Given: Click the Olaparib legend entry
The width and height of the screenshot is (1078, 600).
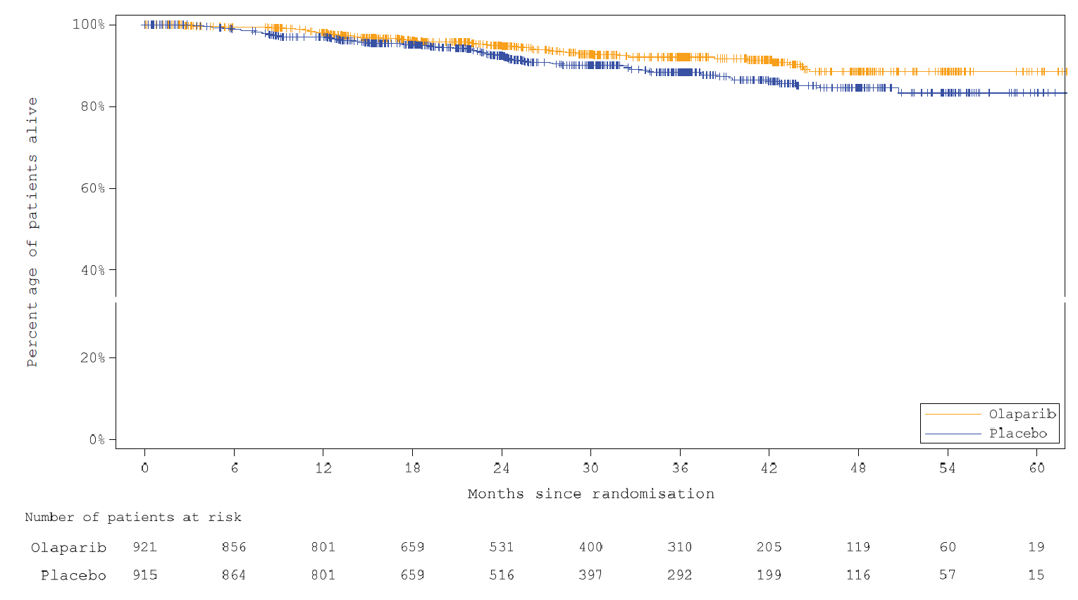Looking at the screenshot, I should tap(1022, 415).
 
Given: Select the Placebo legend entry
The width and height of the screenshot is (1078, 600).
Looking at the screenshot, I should tap(1017, 434).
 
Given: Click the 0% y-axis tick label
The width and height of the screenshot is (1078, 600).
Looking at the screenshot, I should tap(96, 439).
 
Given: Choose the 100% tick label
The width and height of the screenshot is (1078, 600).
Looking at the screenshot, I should tap(89, 25).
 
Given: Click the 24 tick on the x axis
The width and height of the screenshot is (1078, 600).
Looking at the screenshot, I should tap(501, 467).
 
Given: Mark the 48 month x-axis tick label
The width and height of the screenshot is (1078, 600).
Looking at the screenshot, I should tap(858, 467).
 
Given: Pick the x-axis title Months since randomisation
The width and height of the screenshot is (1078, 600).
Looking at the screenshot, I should tap(590, 494).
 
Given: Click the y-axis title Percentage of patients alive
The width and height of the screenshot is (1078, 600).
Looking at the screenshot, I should tap(32, 233).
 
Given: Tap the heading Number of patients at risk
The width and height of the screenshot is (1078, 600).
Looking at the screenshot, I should tap(133, 518).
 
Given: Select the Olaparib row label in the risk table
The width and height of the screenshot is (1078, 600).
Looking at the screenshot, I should tap(68, 548).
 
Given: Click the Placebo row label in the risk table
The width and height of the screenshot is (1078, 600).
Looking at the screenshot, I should tap(73, 575).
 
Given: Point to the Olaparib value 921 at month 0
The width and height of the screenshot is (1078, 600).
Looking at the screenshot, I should tap(144, 547).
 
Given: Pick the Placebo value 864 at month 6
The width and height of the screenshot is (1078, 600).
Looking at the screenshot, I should tap(234, 575).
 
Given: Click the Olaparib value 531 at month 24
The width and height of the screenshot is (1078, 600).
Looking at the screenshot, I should tap(501, 547).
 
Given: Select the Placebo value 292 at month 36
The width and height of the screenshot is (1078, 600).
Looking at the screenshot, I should tap(680, 575).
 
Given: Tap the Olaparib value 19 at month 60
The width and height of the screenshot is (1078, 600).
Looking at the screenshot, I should tap(1036, 547).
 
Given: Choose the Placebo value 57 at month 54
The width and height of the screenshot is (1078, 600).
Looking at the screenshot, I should tap(947, 575).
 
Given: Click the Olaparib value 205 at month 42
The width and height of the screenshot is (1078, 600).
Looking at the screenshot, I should tap(769, 547).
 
